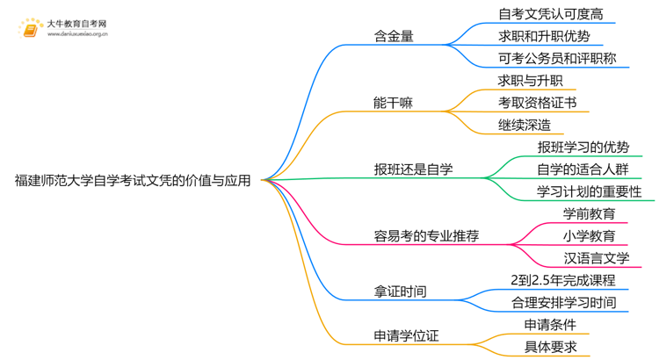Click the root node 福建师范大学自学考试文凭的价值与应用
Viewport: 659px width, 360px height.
click(133, 181)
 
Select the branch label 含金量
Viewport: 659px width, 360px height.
click(394, 37)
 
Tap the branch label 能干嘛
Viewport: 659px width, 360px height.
click(394, 103)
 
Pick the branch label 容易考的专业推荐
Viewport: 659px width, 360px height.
click(427, 235)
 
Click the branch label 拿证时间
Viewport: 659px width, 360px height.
click(401, 291)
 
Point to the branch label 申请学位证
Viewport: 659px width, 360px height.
click(407, 335)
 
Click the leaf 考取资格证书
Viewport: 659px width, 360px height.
click(537, 103)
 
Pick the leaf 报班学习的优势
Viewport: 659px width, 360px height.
click(583, 147)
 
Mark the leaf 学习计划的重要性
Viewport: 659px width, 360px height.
click(589, 191)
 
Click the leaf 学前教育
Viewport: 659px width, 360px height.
click(589, 213)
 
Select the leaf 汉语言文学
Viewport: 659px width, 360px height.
click(596, 257)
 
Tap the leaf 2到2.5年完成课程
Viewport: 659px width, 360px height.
click(562, 280)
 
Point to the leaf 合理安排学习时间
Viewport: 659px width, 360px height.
click(562, 302)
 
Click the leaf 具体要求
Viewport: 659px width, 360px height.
click(549, 347)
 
